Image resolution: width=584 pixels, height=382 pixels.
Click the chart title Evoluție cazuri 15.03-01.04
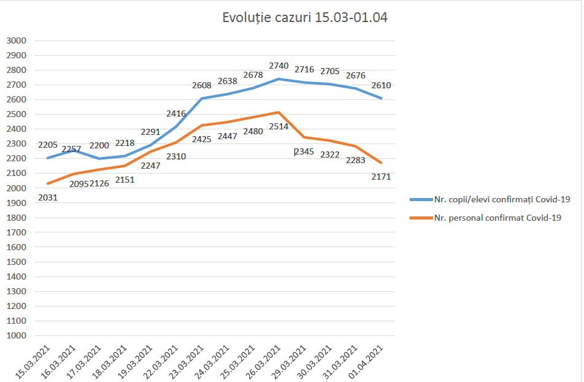pos(304,18)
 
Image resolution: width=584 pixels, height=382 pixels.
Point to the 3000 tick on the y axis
pos(17,40)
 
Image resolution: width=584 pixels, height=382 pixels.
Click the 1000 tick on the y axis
pos(17,335)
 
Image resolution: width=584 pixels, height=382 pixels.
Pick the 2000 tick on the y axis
pos(17,188)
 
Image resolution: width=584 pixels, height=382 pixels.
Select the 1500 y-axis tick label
pos(17,262)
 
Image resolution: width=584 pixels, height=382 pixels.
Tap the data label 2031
pos(48,197)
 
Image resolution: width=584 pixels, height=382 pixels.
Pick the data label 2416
pos(176,113)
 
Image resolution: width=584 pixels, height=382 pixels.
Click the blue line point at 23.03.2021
pos(202,98)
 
